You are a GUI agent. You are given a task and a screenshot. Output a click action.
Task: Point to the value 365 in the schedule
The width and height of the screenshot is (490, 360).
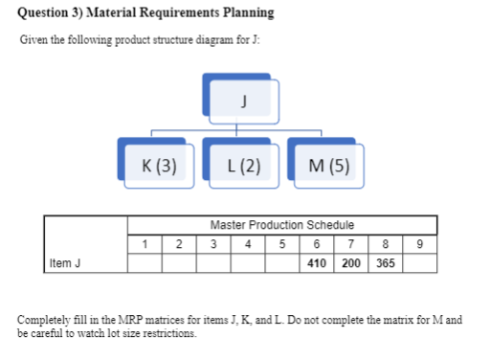pos(386,263)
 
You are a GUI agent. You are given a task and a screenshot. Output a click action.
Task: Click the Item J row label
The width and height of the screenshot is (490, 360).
pos(65,263)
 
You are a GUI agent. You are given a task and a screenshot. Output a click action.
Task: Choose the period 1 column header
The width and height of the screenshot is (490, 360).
pos(145,243)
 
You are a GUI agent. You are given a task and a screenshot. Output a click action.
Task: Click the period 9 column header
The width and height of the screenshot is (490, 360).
pos(419,243)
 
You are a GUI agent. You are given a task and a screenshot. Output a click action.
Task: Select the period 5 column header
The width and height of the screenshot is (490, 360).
pos(282,243)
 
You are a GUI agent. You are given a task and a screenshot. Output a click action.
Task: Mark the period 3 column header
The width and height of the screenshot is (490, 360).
pos(213,243)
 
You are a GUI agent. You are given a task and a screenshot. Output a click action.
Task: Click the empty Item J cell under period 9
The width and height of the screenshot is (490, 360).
pos(419,263)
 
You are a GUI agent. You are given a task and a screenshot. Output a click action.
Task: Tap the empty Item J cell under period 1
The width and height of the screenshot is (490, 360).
pos(145,263)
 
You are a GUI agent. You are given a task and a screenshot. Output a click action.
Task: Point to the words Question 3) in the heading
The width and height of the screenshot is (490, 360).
pos(49,13)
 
